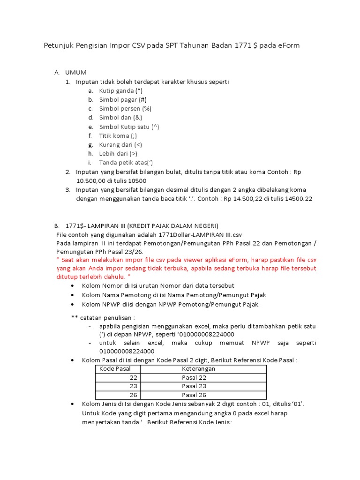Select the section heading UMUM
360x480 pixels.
76,72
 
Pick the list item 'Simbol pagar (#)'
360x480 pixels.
121,99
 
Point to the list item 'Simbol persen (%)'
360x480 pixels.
125,108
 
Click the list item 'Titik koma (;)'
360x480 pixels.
118,135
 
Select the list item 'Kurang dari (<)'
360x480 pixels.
120,144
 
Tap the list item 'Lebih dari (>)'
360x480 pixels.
118,153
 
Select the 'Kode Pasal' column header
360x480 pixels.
112,369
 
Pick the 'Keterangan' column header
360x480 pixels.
199,369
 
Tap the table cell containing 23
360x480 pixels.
133,386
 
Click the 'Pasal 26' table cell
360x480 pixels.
194,395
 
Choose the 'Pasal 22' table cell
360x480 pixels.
194,377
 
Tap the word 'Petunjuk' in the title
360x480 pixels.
59,46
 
